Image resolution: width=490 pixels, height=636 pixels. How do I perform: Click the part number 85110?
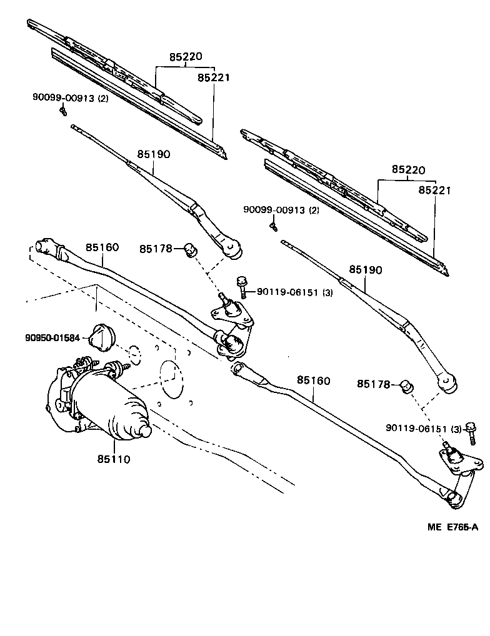[113, 459]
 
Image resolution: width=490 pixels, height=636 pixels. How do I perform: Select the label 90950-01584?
[52, 338]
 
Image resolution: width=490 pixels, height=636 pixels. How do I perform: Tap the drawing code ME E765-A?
[452, 527]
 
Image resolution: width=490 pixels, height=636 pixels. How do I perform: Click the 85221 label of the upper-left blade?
[214, 77]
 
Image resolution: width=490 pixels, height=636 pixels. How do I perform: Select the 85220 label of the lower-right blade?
[408, 169]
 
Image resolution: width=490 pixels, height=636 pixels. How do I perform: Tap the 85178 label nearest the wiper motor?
[156, 249]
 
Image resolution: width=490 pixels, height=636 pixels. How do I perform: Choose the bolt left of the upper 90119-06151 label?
[241, 287]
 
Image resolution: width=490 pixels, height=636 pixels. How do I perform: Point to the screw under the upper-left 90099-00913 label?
[63, 111]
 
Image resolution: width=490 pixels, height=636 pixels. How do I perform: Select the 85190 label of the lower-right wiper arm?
[366, 269]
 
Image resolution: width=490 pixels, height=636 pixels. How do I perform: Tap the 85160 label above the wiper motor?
[102, 247]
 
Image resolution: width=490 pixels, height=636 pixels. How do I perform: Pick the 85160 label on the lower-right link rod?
[313, 380]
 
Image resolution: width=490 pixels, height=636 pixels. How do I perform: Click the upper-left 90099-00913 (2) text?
[70, 97]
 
